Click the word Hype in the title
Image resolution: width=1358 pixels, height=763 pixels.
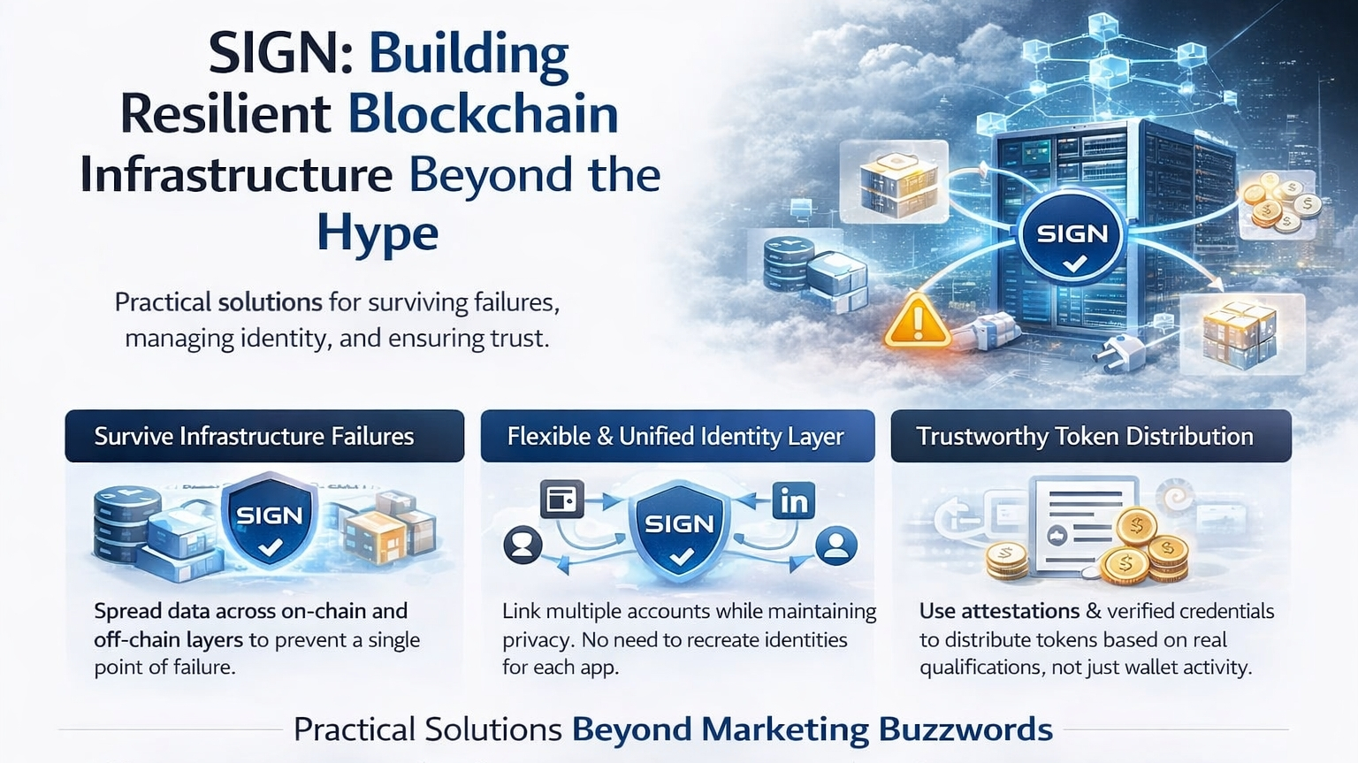(378, 233)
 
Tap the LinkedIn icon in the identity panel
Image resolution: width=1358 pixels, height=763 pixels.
(793, 501)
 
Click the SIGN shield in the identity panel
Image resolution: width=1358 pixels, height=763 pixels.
(679, 531)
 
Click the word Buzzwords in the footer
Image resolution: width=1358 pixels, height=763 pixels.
(965, 729)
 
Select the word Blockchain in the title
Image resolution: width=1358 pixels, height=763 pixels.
(483, 114)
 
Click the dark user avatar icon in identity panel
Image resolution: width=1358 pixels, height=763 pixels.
(523, 544)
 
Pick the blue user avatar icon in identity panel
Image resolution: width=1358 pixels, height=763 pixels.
(835, 545)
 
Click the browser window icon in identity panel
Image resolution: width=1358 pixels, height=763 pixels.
(561, 500)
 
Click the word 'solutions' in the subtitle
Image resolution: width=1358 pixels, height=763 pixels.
(270, 302)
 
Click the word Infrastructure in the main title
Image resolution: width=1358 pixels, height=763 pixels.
(236, 174)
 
